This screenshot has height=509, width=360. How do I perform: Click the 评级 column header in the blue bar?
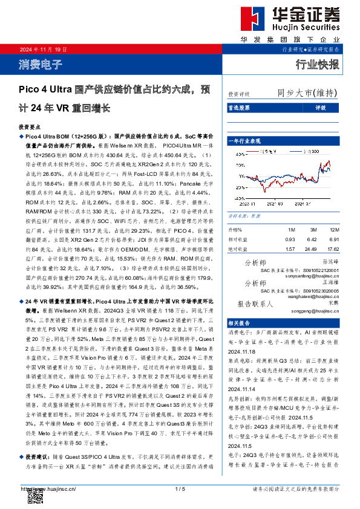(321, 108)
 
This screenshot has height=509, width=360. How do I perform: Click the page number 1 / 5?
(179, 488)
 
